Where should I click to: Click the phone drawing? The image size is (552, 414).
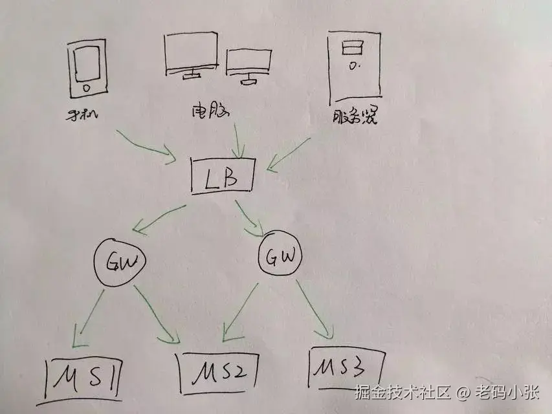pos(87,67)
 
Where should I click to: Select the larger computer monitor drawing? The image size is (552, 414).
pos(191,56)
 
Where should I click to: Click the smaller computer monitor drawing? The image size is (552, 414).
pos(248,65)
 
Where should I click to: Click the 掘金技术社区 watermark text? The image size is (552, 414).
pos(402,392)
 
